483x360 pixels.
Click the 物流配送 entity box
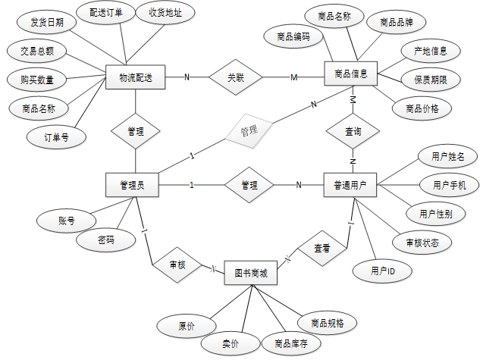coord(136,77)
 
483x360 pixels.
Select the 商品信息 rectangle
coord(351,74)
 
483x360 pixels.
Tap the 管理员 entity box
coord(132,185)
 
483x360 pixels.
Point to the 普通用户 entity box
coord(350,185)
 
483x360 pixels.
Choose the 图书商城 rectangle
coord(251,273)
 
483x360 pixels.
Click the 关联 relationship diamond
coord(236,77)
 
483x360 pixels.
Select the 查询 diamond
coord(353,132)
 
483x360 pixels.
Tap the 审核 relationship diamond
coord(177,265)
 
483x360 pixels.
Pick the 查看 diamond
coord(322,249)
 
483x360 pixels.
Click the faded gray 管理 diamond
coord(249,131)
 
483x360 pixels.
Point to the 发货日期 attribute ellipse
coord(47,22)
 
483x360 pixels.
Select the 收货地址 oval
coord(165,12)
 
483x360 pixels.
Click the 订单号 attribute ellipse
coord(56,137)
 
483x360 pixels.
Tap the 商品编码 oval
coord(293,36)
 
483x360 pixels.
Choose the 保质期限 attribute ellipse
coord(431,80)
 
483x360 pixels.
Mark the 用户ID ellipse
coord(382,271)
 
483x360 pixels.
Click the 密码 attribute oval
coord(105,239)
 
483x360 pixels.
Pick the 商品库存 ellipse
coord(291,343)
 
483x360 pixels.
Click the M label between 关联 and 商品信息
coord(294,77)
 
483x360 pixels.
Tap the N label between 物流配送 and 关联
coord(187,77)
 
